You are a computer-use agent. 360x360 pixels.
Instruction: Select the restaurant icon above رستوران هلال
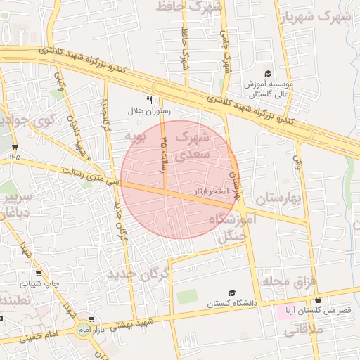pos(148,101)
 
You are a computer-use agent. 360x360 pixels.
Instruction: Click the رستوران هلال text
pos(145,111)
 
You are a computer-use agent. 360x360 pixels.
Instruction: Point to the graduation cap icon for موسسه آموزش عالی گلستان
pos(268,73)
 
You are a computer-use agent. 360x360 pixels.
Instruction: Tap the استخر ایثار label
pos(210,190)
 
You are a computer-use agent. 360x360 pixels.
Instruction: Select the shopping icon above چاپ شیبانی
pos(39,274)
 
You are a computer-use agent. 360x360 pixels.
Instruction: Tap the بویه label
pos(134,134)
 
